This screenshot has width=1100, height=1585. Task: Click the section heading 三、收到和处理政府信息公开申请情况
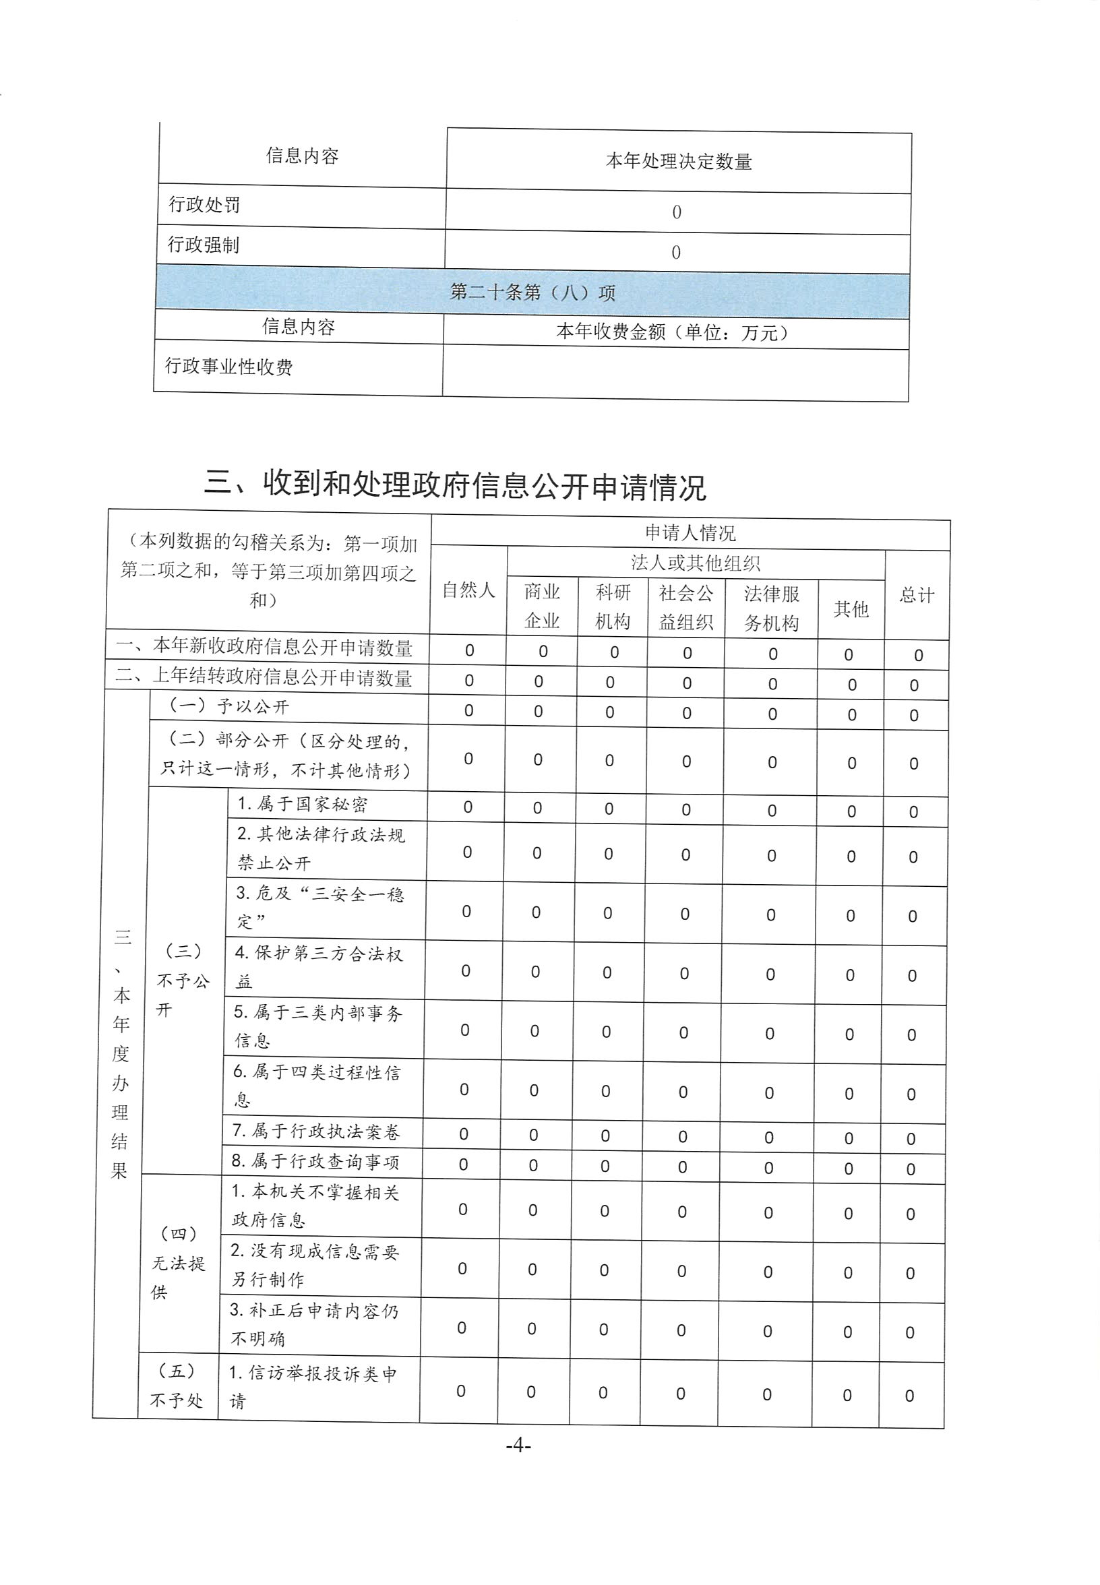click(455, 485)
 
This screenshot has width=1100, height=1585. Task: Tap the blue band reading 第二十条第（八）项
click(532, 292)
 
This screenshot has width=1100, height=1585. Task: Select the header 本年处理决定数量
click(678, 162)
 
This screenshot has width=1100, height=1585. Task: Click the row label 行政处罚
click(204, 205)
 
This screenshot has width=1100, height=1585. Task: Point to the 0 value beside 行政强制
click(676, 252)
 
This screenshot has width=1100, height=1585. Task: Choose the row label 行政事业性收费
click(228, 366)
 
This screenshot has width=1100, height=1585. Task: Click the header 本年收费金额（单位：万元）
click(671, 332)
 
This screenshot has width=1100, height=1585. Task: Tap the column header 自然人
click(468, 590)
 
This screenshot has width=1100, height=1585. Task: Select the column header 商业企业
click(542, 606)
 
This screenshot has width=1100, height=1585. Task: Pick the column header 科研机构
click(613, 607)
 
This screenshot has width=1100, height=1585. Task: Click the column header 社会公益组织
click(685, 607)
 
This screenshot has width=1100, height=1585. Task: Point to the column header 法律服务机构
click(771, 608)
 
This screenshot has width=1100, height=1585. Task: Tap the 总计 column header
click(917, 595)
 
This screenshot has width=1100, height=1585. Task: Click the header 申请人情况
click(690, 532)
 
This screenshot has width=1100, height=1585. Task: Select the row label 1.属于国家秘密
click(302, 804)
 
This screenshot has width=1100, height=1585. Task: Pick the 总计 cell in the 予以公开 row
click(914, 715)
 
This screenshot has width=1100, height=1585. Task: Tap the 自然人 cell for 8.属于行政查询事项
click(463, 1164)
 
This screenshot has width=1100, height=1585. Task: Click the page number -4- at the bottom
click(518, 1445)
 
